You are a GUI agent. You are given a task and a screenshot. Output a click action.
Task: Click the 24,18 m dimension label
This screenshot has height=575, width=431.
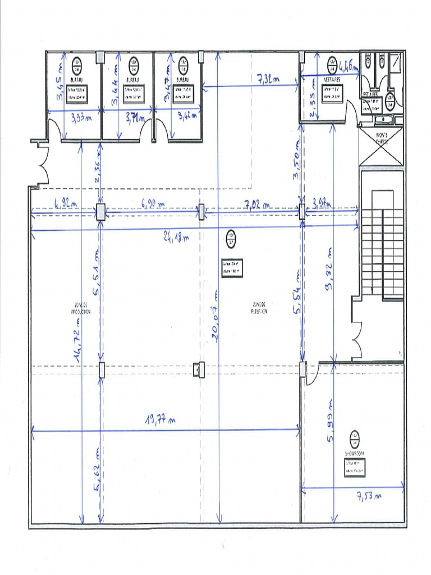click(x=176, y=237)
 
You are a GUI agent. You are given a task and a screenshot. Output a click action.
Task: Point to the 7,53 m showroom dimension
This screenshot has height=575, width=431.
click(x=369, y=496)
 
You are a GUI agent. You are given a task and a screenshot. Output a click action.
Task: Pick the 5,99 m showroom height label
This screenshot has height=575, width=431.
click(x=330, y=421)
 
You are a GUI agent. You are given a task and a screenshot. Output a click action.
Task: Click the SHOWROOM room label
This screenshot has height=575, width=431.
click(x=354, y=453)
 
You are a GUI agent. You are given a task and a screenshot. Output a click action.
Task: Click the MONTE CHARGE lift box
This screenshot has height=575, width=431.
click(x=381, y=147)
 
